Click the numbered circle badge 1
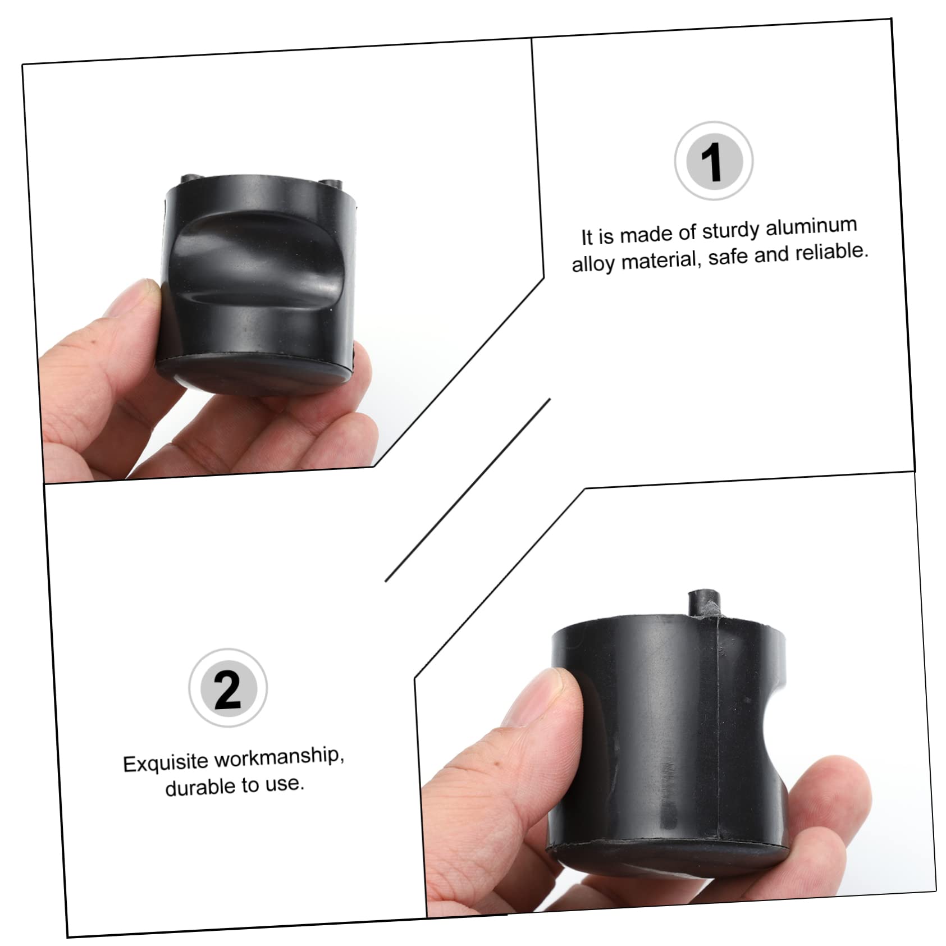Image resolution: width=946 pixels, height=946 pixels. point(713,161)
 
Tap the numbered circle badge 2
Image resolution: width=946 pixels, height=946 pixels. point(227,688)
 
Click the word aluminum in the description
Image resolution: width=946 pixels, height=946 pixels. point(811,227)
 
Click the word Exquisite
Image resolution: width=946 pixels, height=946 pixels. point(166,762)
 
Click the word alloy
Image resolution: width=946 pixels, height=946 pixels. point(593,263)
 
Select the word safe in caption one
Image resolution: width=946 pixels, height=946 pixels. point(728,257)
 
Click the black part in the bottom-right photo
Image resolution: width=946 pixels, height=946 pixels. point(668,747)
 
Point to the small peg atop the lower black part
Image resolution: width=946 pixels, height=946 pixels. point(703,602)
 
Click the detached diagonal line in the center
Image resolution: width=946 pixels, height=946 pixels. point(467,490)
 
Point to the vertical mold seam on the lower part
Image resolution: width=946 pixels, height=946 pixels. point(717,730)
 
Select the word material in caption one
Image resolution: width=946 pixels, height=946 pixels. point(660,261)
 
